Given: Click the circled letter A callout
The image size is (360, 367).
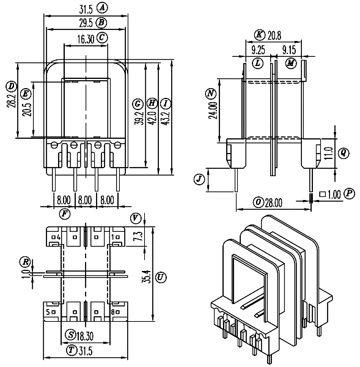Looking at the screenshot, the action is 102,8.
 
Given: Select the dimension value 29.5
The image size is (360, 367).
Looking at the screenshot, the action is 86,23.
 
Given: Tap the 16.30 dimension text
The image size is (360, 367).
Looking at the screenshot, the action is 86,39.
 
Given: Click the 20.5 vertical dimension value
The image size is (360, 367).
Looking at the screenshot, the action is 27,109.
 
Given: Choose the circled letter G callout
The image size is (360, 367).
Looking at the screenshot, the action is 138,104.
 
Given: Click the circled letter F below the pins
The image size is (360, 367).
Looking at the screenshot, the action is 65,214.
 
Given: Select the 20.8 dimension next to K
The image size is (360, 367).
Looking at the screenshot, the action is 274,36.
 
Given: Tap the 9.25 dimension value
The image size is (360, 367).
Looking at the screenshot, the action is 259,50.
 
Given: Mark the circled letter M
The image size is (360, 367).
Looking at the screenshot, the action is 291,63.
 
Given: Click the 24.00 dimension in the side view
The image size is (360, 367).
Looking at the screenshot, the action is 213,111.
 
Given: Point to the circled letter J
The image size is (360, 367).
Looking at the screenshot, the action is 199,179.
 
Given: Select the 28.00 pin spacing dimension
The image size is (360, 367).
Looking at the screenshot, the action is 273,202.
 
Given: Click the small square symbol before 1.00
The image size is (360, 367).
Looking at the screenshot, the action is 323,194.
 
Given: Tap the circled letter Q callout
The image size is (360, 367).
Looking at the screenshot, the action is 343,153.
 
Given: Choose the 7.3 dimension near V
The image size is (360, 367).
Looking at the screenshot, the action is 139,236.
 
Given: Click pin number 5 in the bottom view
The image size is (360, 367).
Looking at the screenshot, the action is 48,312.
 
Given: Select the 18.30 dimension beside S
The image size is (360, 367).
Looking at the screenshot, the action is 85,336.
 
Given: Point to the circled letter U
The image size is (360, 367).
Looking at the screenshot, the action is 161,278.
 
